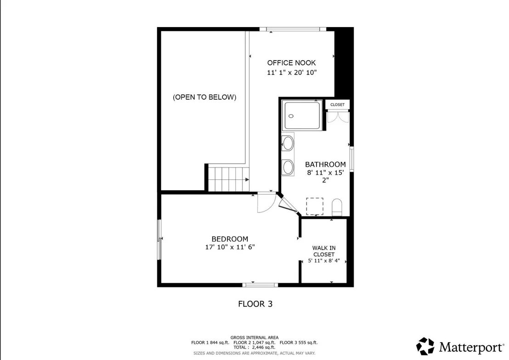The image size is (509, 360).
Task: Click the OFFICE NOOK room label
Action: (x=292, y=63)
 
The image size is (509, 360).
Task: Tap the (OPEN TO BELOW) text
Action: (x=204, y=97)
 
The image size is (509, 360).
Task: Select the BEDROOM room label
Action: (x=230, y=239)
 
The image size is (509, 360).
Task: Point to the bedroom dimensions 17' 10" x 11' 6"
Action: (x=230, y=247)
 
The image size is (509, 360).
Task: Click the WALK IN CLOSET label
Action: (x=324, y=251)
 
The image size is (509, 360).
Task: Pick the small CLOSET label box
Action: (x=338, y=105)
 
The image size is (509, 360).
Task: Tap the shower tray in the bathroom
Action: (x=302, y=116)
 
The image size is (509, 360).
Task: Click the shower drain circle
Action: (x=291, y=116)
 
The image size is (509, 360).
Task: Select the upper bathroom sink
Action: (x=288, y=143)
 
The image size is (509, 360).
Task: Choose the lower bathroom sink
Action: (x=288, y=167)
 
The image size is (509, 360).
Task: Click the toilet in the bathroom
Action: (x=337, y=207)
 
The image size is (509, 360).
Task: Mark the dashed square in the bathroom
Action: (x=315, y=206)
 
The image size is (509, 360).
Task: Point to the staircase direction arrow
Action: (x=247, y=180)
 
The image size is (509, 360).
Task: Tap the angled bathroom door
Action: (x=288, y=205)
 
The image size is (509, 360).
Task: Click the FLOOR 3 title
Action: (x=255, y=304)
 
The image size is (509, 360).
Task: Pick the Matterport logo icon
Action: (x=425, y=346)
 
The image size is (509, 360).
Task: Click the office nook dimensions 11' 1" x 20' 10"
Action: (x=292, y=73)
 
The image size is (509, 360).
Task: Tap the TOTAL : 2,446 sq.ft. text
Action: (x=254, y=347)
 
